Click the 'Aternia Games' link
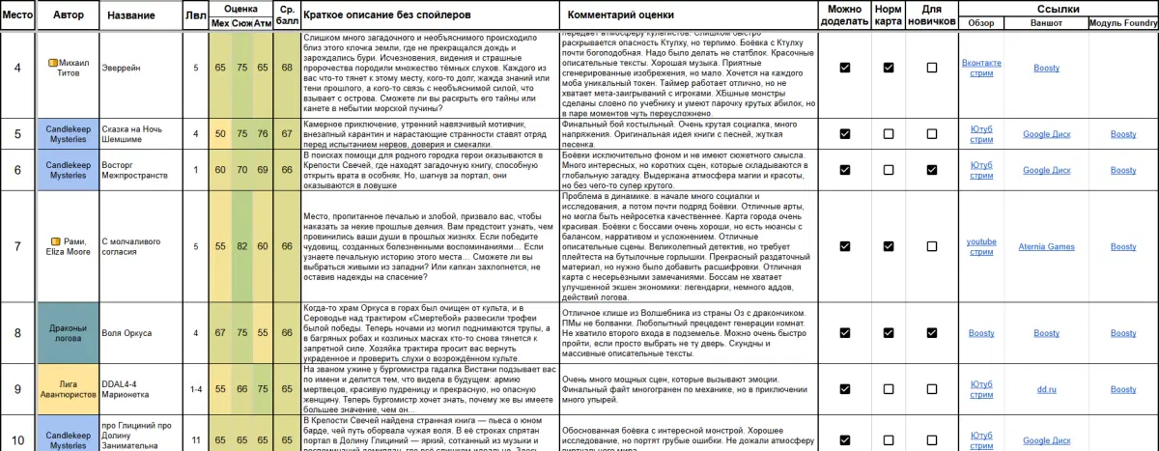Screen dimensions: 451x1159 pos(1046,247)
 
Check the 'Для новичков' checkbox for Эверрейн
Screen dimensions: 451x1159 pos(932,68)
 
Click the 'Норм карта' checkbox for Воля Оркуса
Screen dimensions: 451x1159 pos(889,333)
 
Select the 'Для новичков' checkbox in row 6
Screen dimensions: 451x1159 pos(932,170)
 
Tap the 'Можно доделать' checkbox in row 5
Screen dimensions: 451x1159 pos(845,133)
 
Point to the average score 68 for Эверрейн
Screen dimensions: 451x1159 pos(287,68)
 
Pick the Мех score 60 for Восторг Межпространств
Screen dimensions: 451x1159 pos(220,170)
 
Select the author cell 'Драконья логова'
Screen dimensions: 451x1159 pos(69,333)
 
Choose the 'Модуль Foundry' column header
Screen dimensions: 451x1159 pos(1122,22)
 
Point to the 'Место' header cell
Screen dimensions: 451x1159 pos(16,15)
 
